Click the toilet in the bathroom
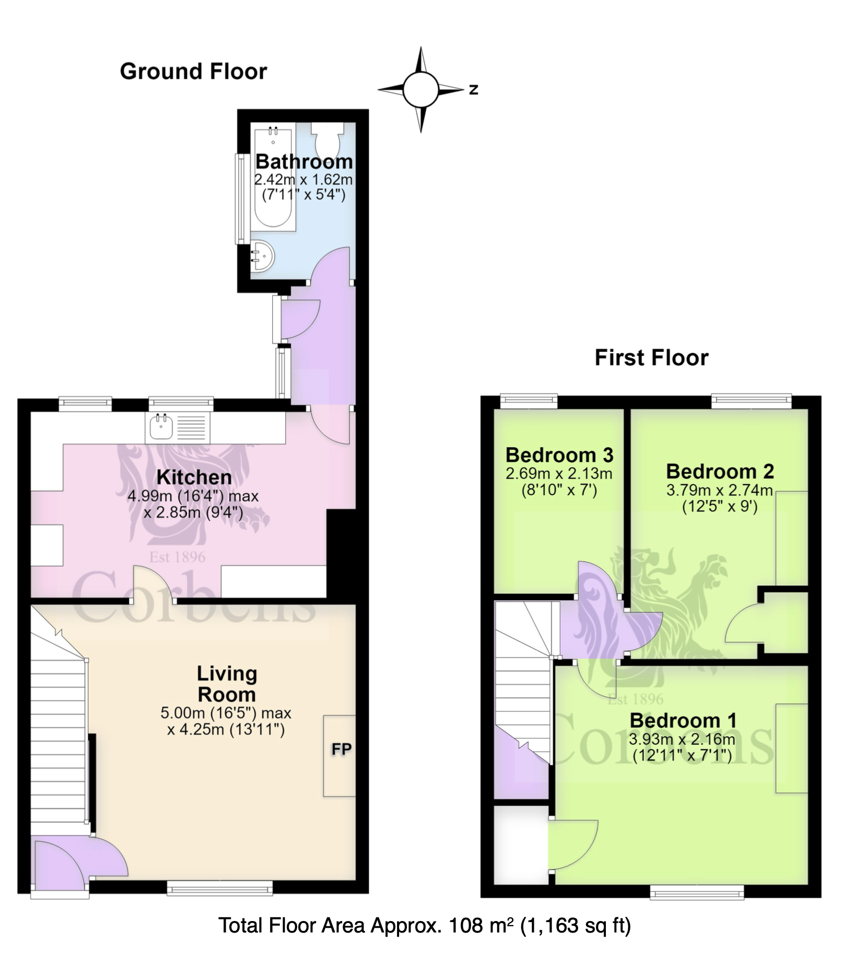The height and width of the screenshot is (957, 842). point(328,138)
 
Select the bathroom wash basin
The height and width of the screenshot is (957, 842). point(262,257)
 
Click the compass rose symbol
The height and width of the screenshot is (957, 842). point(421,90)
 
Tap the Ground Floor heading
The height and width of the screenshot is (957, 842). point(193,71)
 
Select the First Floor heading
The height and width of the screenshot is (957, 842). point(651,357)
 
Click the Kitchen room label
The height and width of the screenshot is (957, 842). point(194,477)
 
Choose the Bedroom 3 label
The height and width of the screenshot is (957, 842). point(559,455)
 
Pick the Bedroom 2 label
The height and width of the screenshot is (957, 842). point(720,471)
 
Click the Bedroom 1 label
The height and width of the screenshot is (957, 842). point(683,721)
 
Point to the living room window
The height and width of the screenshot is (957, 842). point(220,889)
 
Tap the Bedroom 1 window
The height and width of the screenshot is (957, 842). point(697,893)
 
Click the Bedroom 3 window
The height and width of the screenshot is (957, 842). point(529,401)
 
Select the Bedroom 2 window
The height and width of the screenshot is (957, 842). point(752,401)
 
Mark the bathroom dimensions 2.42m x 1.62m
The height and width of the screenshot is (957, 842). point(303,180)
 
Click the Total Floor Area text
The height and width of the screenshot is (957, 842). point(424,926)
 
